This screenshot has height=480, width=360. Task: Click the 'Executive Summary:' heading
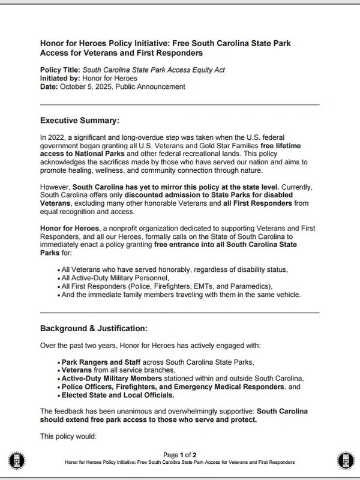click(80, 119)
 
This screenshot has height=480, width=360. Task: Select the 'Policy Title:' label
click(59, 70)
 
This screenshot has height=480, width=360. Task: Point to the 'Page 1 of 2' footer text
click(179, 455)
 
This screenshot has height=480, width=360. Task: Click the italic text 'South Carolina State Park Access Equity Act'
click(153, 70)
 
